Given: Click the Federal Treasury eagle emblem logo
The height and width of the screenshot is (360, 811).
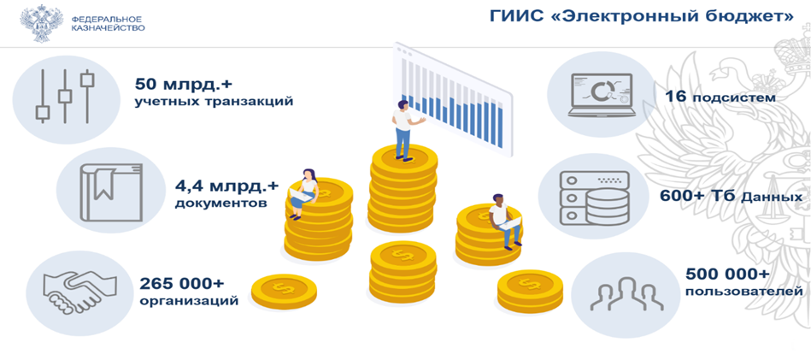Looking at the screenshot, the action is [x=41, y=23].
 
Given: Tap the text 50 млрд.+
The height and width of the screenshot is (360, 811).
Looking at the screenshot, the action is [x=178, y=83].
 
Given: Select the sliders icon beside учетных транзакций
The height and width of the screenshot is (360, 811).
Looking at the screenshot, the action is [x=65, y=97].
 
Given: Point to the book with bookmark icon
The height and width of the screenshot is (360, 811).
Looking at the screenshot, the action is [x=111, y=192].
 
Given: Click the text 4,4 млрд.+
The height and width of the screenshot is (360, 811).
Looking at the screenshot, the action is [x=227, y=184].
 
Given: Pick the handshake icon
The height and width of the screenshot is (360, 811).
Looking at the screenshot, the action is [x=80, y=292].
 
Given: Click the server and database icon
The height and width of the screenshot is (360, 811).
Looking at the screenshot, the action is [x=595, y=198].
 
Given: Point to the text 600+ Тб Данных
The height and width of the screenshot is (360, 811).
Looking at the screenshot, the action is [x=731, y=197].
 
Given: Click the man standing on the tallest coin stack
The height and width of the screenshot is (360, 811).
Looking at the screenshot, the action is [x=404, y=130].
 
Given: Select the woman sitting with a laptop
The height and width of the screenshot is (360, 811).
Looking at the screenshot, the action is [x=304, y=193].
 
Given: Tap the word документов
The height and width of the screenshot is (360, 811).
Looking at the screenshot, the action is [x=220, y=203].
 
